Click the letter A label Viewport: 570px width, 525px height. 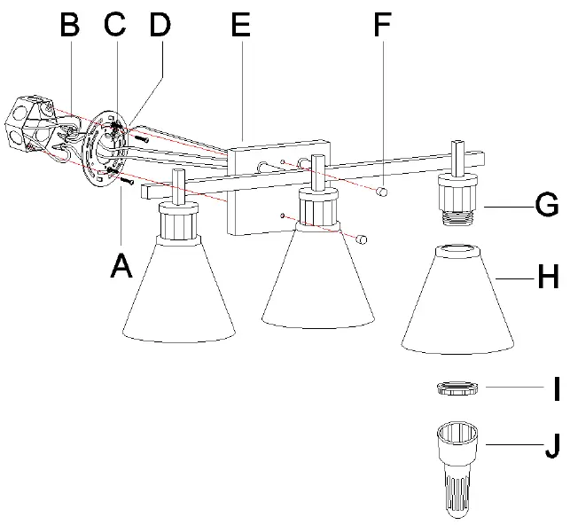pos(121,263)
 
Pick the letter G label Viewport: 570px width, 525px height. pos(546,206)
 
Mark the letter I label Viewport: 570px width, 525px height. pos(550,388)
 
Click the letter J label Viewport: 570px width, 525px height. pos(550,444)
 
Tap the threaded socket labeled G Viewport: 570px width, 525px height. pos(458,203)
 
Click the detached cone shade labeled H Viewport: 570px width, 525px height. pos(458,302)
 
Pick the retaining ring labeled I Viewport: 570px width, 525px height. pos(458,388)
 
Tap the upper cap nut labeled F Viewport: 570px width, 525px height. pos(382,190)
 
